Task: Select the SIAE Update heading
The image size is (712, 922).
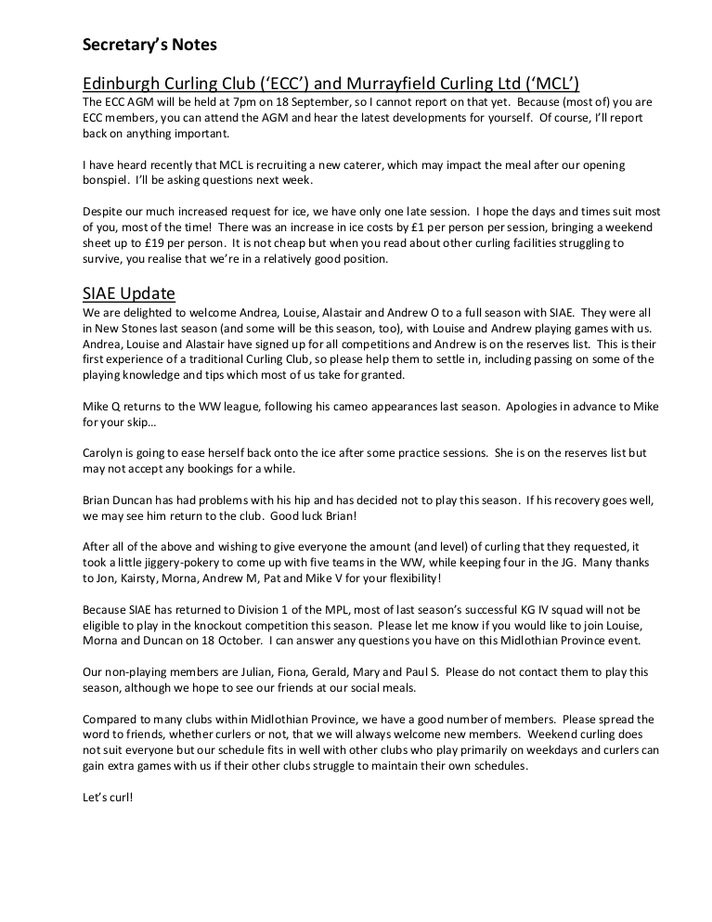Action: tap(129, 293)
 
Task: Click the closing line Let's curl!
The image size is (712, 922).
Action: tap(108, 797)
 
